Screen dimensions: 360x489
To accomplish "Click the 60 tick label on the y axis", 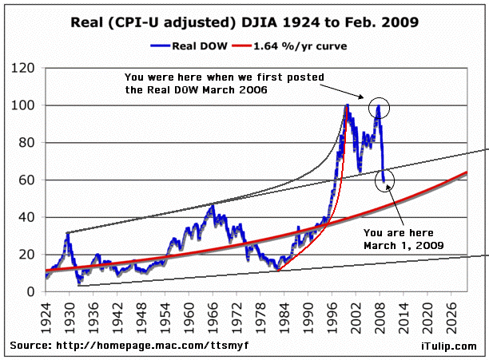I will click(31, 180).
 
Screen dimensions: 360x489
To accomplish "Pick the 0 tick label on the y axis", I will click(35, 291).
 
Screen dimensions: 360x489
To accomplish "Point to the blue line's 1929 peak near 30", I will click(66, 233).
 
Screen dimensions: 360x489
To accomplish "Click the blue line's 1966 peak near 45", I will click(212, 205).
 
